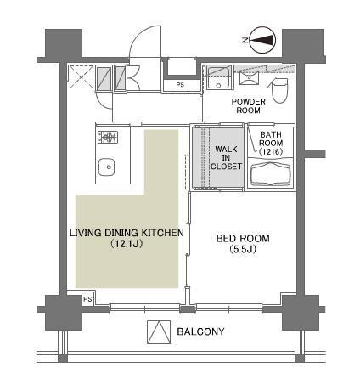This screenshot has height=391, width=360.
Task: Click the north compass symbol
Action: (263, 40)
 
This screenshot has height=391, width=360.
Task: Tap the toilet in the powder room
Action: (279, 91)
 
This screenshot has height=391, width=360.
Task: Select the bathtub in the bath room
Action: (270, 173)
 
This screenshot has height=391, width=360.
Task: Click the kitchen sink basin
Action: (106, 167)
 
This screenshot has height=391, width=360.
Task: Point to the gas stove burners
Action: (108, 137)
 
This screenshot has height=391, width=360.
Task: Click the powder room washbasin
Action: (249, 77)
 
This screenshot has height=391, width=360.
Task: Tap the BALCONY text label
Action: (200, 331)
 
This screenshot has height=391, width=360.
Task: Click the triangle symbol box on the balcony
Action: (159, 332)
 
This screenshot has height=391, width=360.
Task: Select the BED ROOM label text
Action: (243, 238)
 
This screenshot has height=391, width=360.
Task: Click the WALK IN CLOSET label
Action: (226, 157)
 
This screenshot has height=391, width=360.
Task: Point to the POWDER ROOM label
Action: (248, 105)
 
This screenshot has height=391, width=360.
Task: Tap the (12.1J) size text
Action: (127, 244)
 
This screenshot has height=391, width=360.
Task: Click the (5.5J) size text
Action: (243, 249)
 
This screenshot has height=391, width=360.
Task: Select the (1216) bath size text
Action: (271, 152)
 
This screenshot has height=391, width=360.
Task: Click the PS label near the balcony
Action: (87, 299)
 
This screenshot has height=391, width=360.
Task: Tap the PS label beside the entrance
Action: (180, 85)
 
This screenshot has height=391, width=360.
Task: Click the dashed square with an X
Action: (82, 76)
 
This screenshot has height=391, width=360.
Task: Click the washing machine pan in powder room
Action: (218, 78)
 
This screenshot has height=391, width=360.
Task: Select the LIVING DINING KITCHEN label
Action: (127, 233)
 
